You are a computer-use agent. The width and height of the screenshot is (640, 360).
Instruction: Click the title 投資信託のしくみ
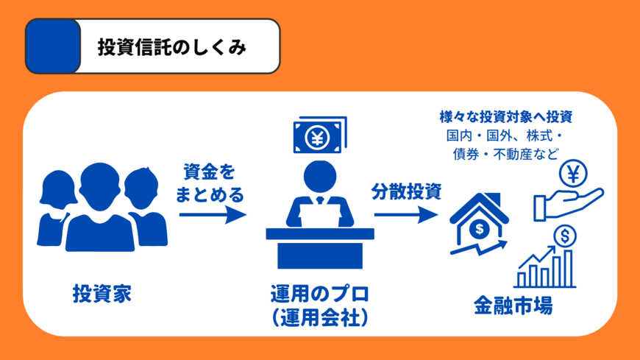tap(171, 47)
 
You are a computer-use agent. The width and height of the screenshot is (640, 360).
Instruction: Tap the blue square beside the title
tap(53, 46)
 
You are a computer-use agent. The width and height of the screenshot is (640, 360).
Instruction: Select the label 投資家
tap(102, 293)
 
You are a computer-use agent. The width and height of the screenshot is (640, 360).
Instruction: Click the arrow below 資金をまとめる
tap(212, 215)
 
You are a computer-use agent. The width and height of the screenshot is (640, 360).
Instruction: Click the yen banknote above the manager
tap(319, 136)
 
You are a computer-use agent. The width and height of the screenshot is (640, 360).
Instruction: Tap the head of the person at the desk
tap(319, 177)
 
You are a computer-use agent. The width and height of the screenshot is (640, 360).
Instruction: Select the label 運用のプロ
tap(319, 294)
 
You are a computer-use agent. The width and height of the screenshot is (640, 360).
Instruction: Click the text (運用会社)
tap(319, 318)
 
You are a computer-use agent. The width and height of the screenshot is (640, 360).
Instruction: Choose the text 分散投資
tap(406, 193)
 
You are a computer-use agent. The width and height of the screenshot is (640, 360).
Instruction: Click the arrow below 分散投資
tap(406, 216)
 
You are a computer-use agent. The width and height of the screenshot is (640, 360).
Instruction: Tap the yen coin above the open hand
tap(572, 174)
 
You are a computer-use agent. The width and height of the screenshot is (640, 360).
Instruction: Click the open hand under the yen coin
tap(567, 204)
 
